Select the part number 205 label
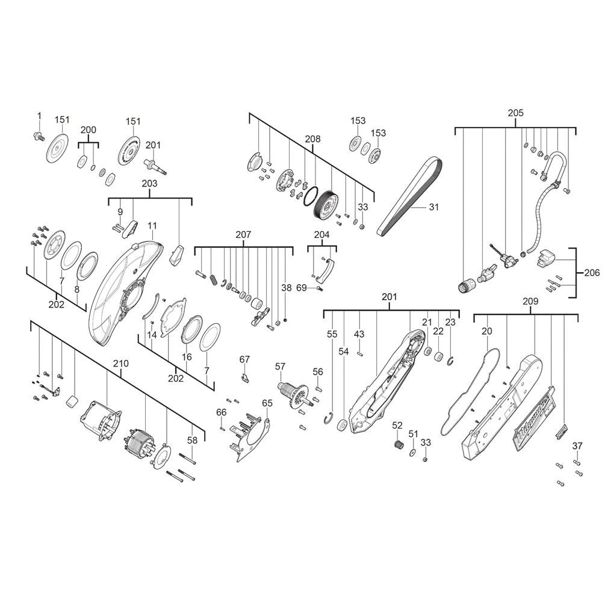point(515,113)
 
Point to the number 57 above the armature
point(280,367)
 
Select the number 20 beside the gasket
point(486,331)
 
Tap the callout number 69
point(302,288)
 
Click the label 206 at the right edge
point(592,273)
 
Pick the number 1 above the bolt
point(39,116)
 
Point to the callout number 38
point(286,288)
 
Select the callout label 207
point(243,235)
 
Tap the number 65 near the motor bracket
point(267,403)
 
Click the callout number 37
point(577,445)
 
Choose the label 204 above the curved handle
point(321,235)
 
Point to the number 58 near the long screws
point(192,441)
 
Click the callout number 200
point(88,130)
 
